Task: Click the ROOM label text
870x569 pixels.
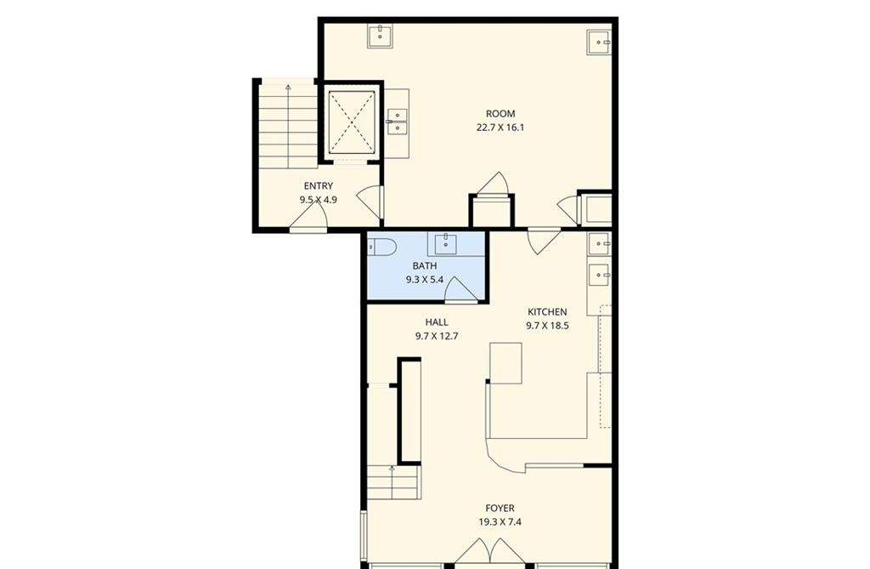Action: tap(500, 114)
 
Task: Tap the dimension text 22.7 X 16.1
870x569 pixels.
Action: tap(500, 128)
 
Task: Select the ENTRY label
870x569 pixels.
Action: tap(319, 186)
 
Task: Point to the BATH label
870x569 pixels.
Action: tap(425, 266)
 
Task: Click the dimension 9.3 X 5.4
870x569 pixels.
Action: tap(425, 280)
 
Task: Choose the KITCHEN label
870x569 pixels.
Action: tap(547, 312)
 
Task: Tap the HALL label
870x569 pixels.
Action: tap(437, 322)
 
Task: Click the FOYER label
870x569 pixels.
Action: tap(500, 509)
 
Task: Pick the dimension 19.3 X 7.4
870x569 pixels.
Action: tap(500, 522)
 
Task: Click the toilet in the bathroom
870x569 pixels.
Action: tap(381, 246)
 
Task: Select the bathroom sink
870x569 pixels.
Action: tap(445, 243)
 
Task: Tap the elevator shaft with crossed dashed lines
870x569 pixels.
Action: tap(351, 122)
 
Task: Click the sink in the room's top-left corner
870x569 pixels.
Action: tap(381, 36)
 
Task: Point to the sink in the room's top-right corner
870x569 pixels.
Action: tap(599, 42)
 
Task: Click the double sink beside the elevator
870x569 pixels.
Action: tap(398, 122)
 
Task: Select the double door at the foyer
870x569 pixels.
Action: tap(490, 552)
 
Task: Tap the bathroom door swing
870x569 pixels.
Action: tap(460, 289)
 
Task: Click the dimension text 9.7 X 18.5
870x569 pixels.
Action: tap(547, 326)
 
